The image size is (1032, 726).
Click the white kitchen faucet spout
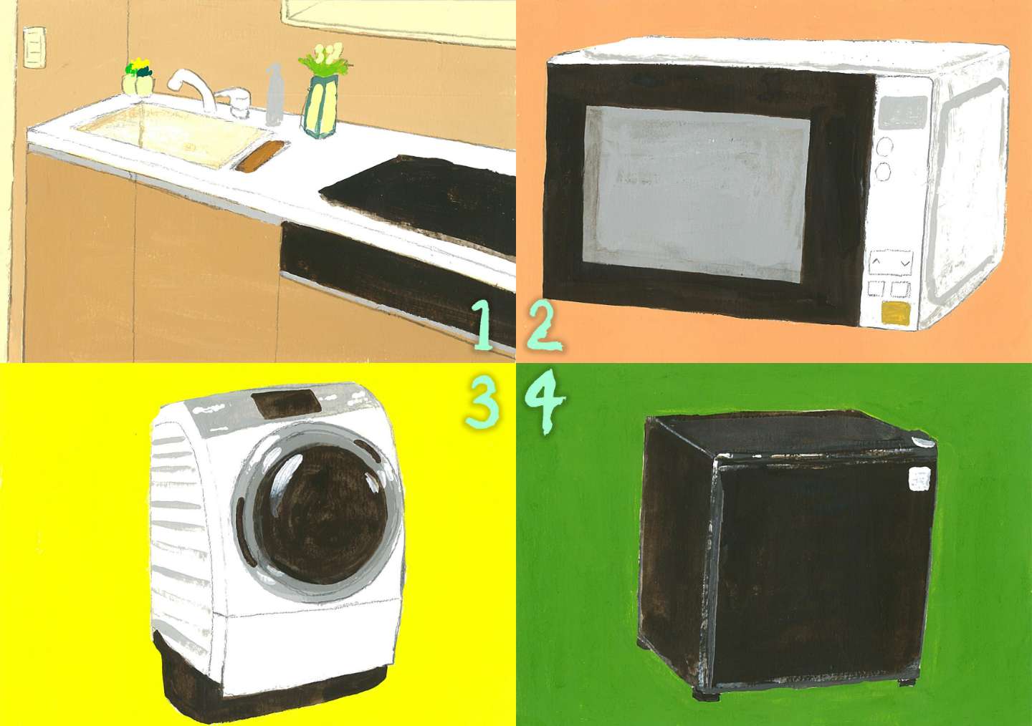[x=191, y=87]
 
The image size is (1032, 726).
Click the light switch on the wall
[x=34, y=47]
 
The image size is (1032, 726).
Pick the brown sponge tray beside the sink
[x=262, y=158]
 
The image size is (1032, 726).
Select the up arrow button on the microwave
[x=876, y=263]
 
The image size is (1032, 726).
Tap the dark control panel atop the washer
[x=287, y=402]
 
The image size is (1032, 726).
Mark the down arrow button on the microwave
[x=905, y=263]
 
